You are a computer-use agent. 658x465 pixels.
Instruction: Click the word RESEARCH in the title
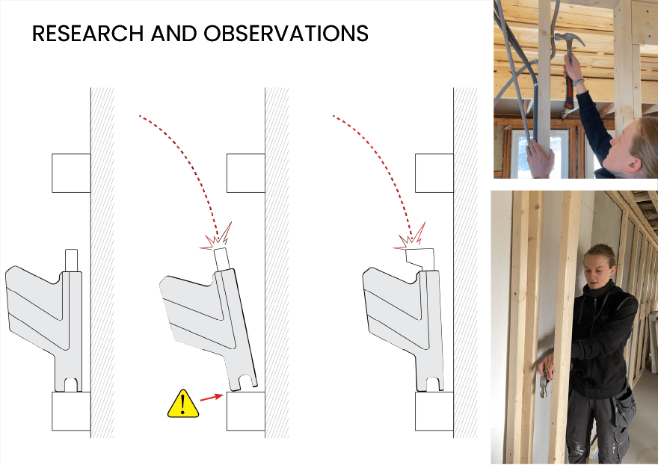click(x=87, y=34)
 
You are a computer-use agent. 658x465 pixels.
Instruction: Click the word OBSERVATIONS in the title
click(x=286, y=34)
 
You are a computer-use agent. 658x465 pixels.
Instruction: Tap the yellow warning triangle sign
click(x=183, y=404)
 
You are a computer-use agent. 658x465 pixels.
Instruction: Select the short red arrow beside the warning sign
click(x=211, y=397)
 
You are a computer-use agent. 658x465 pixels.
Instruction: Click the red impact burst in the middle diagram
click(x=216, y=239)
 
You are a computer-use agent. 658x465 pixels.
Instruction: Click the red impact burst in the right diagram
click(x=409, y=239)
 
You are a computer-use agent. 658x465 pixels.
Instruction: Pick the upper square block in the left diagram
click(x=71, y=173)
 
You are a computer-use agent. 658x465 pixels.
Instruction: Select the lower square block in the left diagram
click(x=71, y=411)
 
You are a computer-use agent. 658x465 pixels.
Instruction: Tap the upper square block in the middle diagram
click(x=246, y=173)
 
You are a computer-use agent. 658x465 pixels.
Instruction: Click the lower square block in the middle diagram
click(x=246, y=411)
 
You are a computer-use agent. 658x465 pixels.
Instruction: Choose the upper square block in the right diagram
click(x=434, y=173)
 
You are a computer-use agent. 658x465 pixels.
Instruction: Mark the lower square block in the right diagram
click(x=434, y=411)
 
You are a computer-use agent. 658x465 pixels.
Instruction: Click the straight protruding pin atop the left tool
click(x=71, y=261)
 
